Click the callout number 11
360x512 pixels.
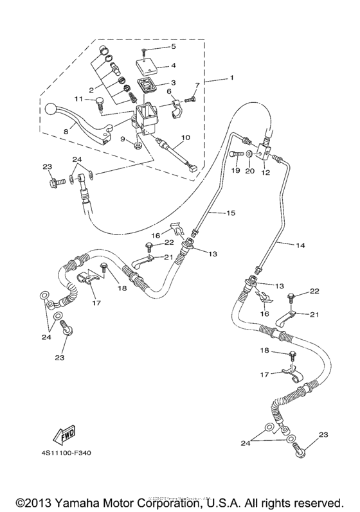point(78,100)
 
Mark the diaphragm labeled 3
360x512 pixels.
point(151,85)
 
